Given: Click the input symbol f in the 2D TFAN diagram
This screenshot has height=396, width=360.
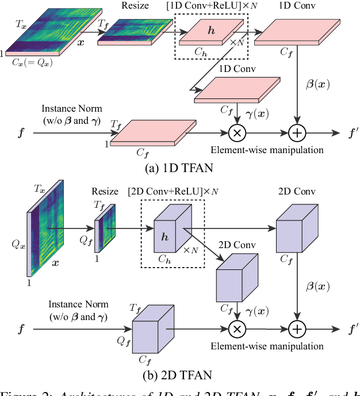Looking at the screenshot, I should point(22,329).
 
